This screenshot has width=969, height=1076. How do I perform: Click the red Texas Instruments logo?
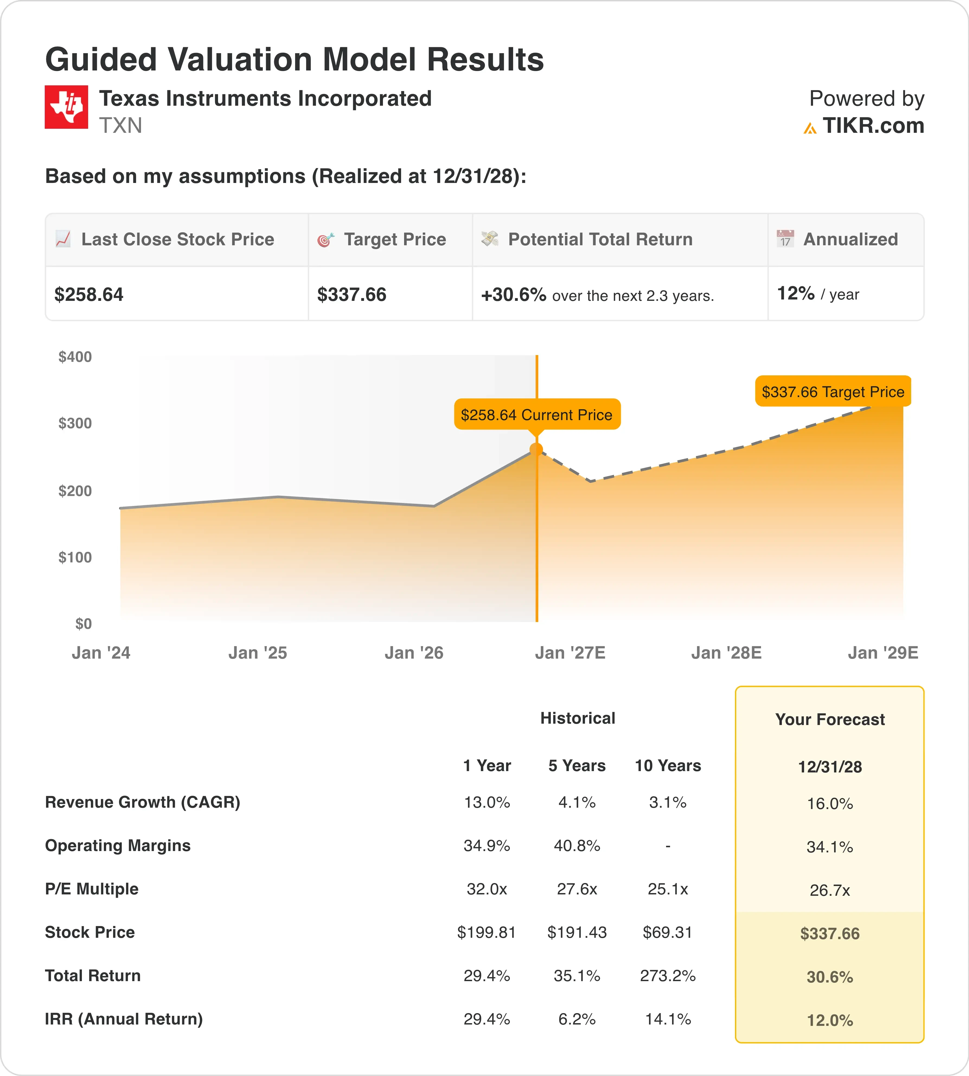[66, 107]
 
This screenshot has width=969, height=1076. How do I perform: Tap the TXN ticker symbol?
[121, 125]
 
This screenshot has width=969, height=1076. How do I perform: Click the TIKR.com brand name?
[873, 125]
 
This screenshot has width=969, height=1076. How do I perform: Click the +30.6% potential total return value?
[514, 294]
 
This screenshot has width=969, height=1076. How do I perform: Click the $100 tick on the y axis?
[75, 557]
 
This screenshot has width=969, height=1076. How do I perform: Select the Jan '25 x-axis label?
[258, 653]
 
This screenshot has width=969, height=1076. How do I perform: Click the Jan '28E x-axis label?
[726, 653]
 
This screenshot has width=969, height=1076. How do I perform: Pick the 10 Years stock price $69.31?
[668, 932]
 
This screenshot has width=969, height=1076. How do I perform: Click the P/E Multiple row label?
[92, 889]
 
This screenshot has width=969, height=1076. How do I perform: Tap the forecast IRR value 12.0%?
[830, 1020]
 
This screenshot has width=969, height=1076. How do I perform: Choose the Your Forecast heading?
[830, 720]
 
